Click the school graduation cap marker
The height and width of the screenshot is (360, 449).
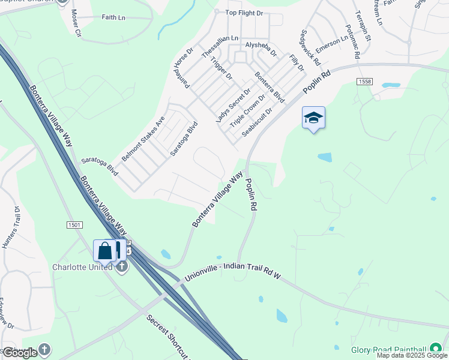coord(313,118)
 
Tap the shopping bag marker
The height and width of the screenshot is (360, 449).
coord(104,250)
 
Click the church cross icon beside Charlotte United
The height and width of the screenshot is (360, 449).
coord(122,267)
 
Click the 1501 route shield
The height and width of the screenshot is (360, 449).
coord(74,224)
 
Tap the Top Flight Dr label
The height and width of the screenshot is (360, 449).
coord(244,12)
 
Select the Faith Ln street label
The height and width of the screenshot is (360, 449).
coord(113,18)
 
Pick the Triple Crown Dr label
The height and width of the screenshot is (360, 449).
coord(247,110)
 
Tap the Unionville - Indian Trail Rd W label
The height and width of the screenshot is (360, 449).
coord(233,276)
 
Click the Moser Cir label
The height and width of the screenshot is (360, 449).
coord(76,23)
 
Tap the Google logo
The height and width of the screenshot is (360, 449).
coord(20,353)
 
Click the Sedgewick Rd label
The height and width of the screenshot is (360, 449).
coord(311,48)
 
